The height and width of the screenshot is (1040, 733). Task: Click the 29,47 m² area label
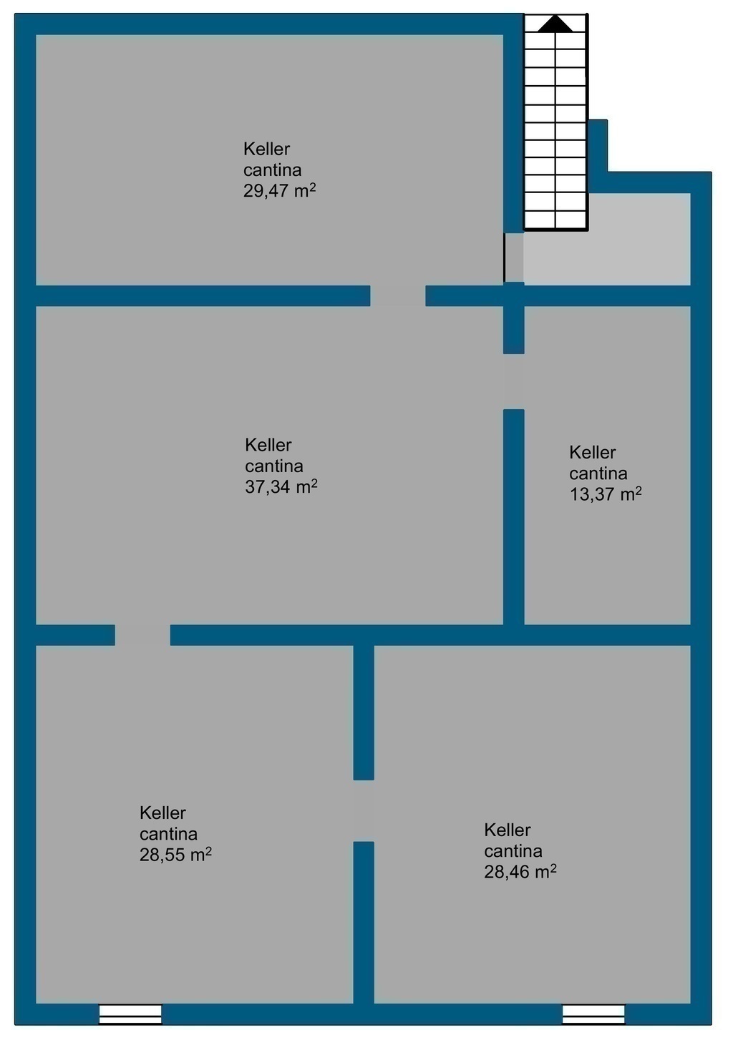pos(280,190)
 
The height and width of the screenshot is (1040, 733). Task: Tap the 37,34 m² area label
pos(281,486)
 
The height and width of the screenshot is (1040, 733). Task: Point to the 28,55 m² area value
pos(175,854)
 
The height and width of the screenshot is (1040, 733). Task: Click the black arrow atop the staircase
pos(555,23)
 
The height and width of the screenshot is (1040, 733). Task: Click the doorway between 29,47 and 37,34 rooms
pos(397,295)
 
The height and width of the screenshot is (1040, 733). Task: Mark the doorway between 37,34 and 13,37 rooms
pos(514,381)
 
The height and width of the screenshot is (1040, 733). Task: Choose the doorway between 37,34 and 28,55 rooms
pos(142,634)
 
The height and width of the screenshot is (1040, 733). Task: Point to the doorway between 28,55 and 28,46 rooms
pos(364,810)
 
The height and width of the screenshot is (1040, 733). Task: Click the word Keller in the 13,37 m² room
pos(593,452)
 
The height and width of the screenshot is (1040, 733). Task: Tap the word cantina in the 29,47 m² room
pos(272,170)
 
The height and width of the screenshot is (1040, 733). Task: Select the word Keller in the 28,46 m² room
pos(508,830)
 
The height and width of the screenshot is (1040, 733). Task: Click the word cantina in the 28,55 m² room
pos(168,834)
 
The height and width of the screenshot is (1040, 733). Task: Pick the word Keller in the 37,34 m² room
pos(268,445)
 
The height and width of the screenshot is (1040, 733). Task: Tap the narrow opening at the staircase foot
pos(514,257)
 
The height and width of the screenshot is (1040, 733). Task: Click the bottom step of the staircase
pos(556,220)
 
